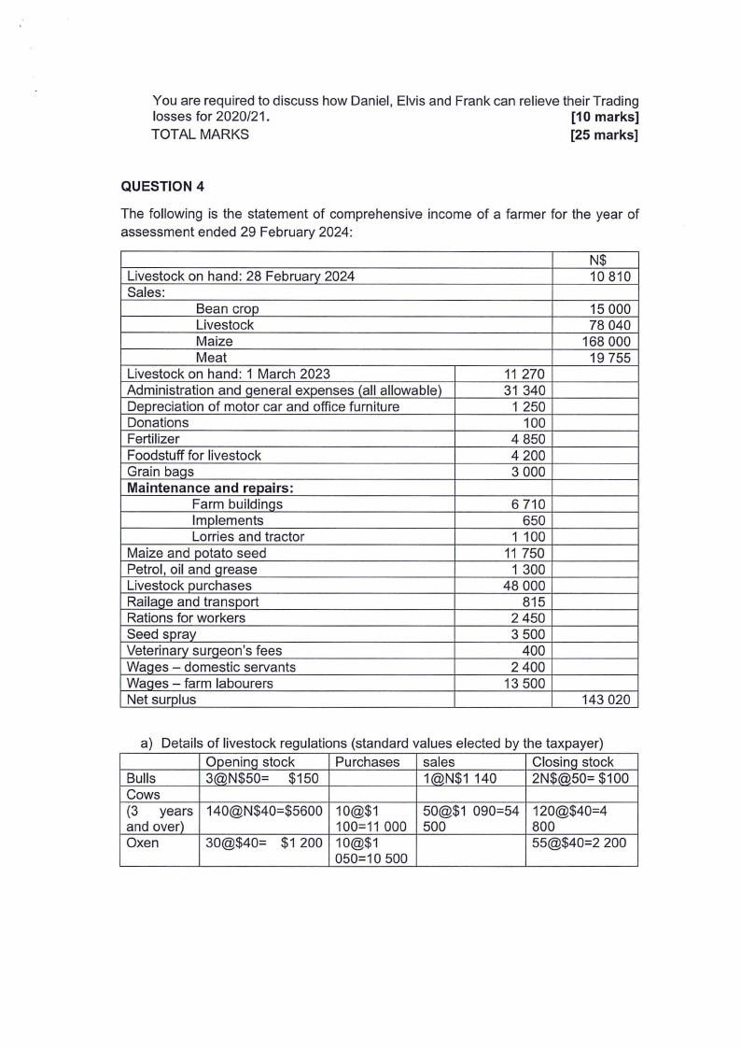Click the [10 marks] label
click(x=604, y=117)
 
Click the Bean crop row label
click(x=227, y=308)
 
